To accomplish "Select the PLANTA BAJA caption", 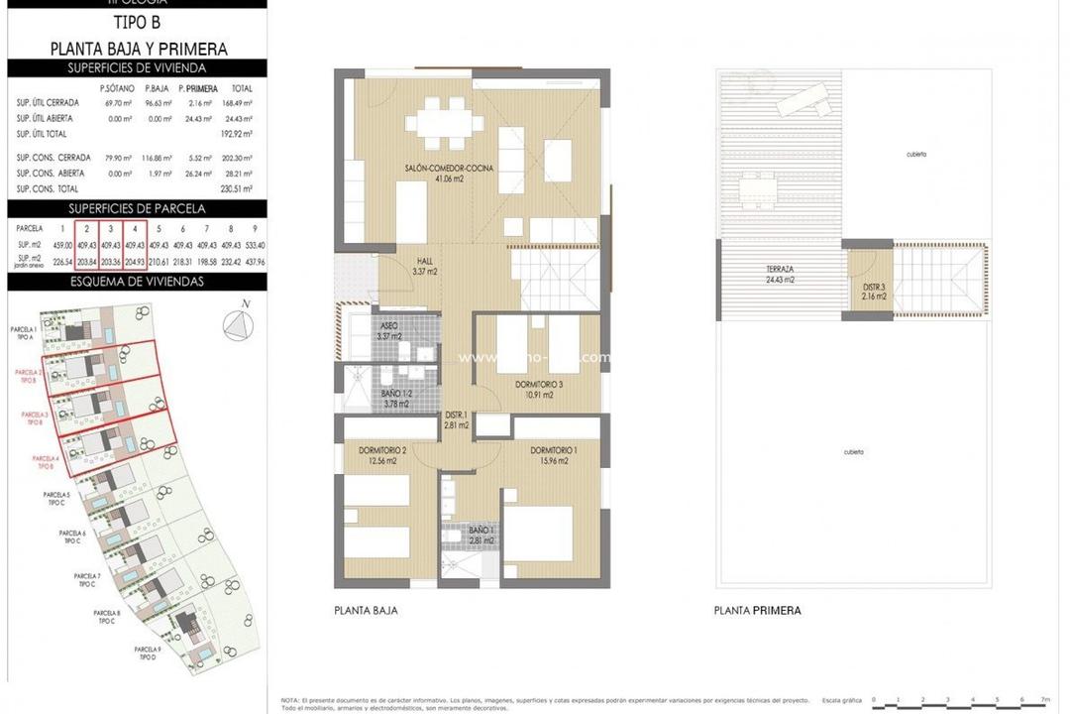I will pos(366,611).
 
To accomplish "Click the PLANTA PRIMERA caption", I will pos(757,611).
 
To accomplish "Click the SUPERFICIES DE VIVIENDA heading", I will pos(138,68).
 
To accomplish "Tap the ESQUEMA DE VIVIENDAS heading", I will pos(138,281).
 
